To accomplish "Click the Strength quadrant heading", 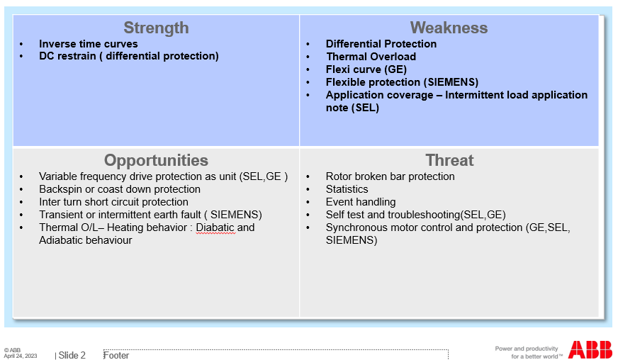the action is [156, 28].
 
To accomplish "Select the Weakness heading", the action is [449, 28].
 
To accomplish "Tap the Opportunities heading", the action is [156, 160].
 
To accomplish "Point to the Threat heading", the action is [449, 160].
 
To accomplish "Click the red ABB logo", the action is [590, 350].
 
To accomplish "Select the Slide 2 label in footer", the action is [72, 355].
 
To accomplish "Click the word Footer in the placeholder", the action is [116, 355].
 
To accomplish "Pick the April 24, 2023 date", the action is [21, 356].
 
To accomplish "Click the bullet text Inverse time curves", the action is [89, 44].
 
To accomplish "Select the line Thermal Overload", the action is [371, 57].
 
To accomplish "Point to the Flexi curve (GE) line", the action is [366, 69].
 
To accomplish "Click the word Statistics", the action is [347, 189].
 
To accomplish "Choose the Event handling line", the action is [361, 202].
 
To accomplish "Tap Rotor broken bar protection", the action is [391, 176].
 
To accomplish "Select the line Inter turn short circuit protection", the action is [113, 202].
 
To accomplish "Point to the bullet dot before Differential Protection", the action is [308, 44].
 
